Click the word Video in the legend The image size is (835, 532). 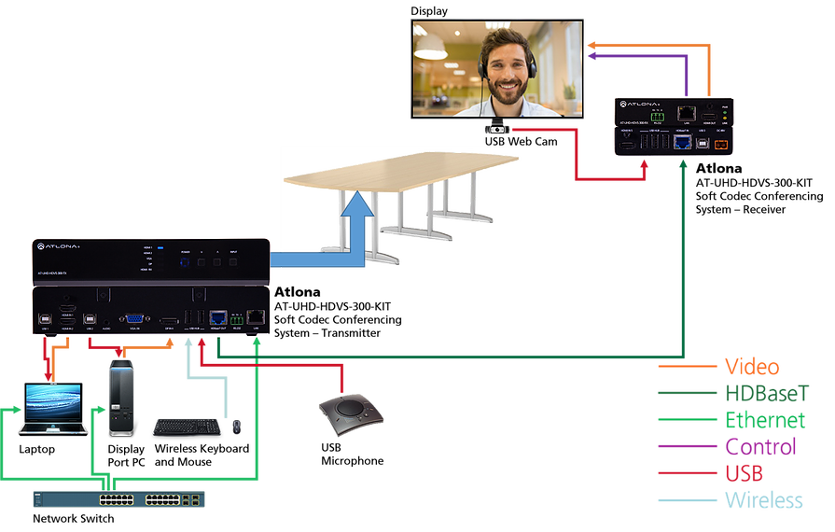click(x=752, y=367)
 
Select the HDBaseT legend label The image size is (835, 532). click(x=767, y=393)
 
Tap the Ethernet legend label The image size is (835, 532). click(x=765, y=420)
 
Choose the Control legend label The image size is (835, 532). click(x=761, y=446)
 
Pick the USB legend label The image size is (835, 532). click(x=745, y=473)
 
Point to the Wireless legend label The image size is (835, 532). click(x=764, y=500)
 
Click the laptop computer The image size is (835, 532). click(x=52, y=409)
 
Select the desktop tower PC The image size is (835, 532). click(x=122, y=399)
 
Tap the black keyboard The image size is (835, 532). click(x=187, y=426)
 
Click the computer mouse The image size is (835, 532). click(x=237, y=427)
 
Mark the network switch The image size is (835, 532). click(x=118, y=499)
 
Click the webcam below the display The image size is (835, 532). click(x=497, y=129)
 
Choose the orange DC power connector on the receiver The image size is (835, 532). click(x=720, y=144)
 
